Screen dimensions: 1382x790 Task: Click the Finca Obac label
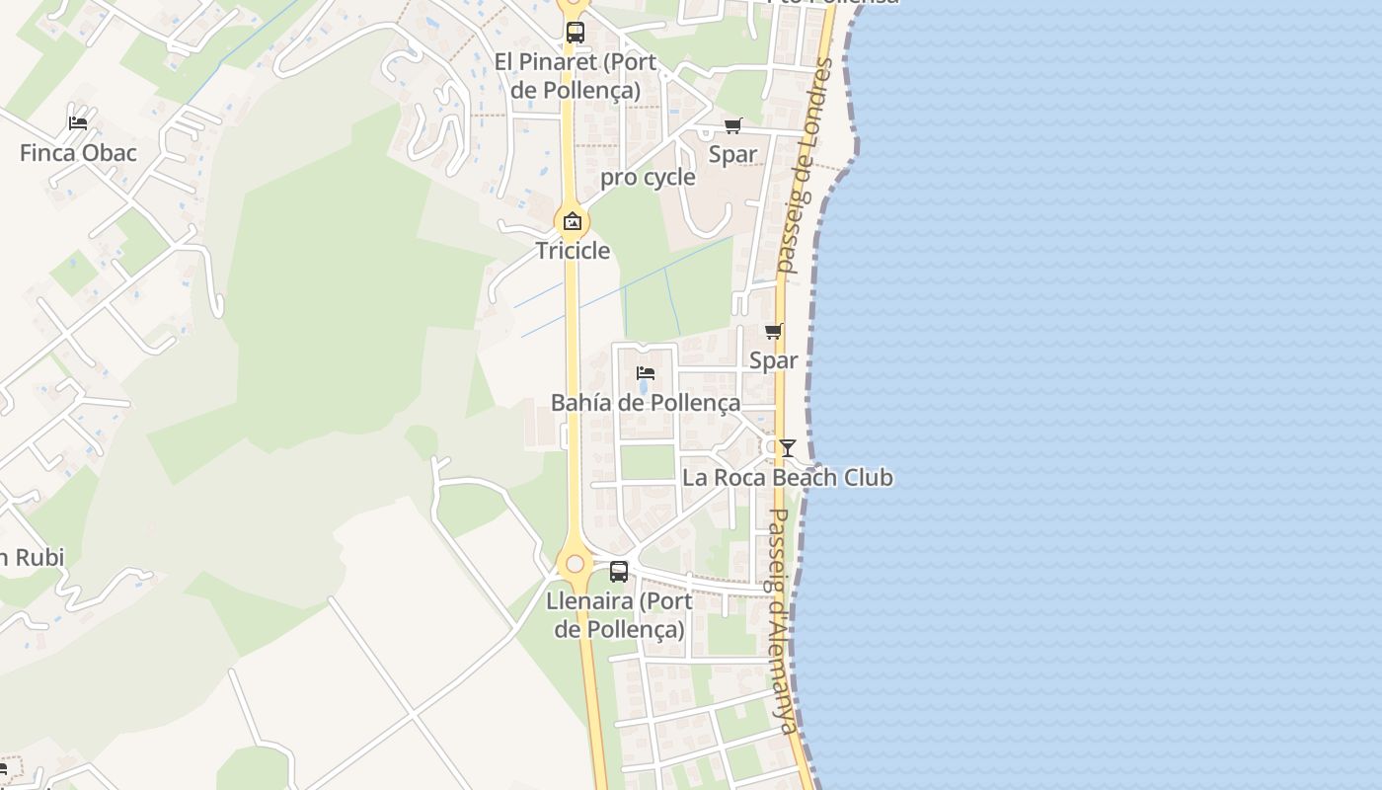(x=78, y=153)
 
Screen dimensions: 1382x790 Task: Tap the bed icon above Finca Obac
(x=78, y=123)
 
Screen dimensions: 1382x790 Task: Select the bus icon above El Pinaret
(x=576, y=33)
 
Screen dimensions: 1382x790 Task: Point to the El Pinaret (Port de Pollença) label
(x=575, y=76)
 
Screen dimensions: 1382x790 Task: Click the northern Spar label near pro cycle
(x=733, y=154)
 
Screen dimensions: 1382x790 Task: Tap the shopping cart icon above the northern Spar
(x=732, y=125)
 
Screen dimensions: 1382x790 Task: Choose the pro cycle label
(x=648, y=178)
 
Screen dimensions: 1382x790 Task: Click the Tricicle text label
(x=573, y=251)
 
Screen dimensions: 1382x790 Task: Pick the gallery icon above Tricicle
(x=573, y=221)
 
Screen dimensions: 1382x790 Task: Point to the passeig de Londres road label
(x=806, y=164)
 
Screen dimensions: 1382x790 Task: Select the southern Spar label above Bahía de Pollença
(x=773, y=360)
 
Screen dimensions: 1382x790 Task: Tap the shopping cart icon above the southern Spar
(x=773, y=332)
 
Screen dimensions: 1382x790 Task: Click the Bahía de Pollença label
(x=646, y=403)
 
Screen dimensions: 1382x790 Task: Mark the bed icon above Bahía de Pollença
(x=646, y=373)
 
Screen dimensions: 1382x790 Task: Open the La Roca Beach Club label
(x=788, y=478)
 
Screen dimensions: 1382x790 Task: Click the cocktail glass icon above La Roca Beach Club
(x=787, y=448)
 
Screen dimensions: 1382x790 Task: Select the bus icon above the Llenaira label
(x=619, y=571)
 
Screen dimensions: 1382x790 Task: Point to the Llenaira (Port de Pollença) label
(x=619, y=614)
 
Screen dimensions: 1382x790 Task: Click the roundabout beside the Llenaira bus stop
(x=575, y=564)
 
